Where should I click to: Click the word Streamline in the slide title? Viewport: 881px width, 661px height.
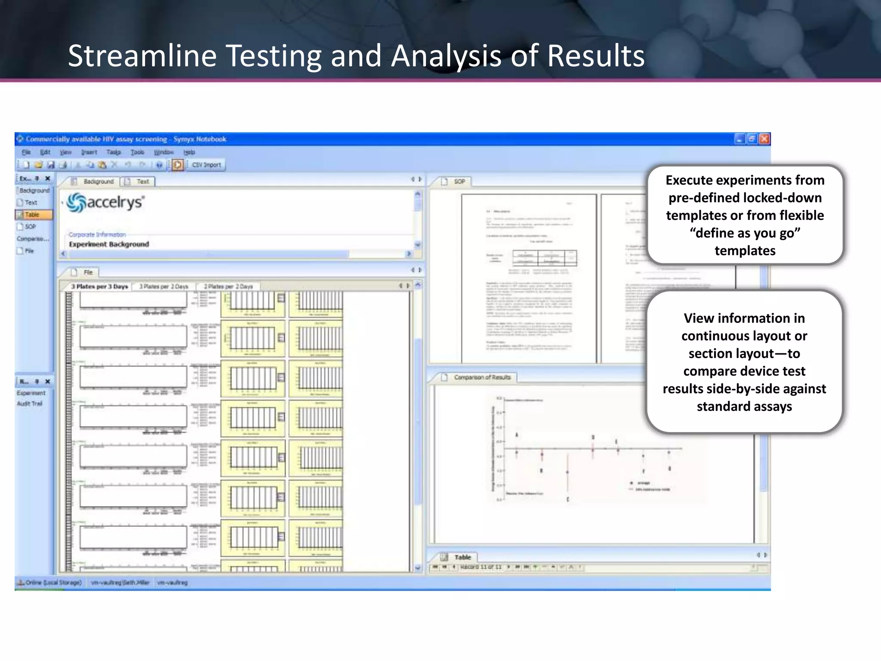tap(142, 56)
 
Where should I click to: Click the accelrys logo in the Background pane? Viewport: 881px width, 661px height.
tap(106, 202)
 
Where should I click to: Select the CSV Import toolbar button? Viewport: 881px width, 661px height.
tap(206, 165)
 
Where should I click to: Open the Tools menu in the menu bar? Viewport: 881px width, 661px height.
tap(137, 152)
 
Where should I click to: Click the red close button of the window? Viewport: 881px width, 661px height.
tap(764, 139)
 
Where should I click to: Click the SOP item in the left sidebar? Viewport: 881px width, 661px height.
tap(30, 226)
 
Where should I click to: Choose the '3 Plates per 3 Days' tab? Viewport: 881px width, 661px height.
tap(99, 286)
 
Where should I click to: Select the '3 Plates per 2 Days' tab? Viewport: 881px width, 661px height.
tap(164, 286)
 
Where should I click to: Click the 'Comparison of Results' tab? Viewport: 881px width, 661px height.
tap(482, 377)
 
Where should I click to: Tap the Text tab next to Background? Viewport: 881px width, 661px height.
tap(142, 182)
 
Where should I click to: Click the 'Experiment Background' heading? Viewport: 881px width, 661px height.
tap(109, 244)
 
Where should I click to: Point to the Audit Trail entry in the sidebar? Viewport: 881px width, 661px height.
tap(30, 404)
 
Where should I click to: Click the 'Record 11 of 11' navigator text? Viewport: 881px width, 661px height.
tap(481, 567)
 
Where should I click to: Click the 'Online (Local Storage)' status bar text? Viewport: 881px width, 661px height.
tap(53, 583)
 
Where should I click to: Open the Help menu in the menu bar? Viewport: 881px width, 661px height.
tap(189, 152)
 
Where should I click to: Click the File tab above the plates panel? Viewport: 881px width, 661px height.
tap(88, 272)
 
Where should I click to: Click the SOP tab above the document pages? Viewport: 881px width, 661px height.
tap(459, 182)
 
